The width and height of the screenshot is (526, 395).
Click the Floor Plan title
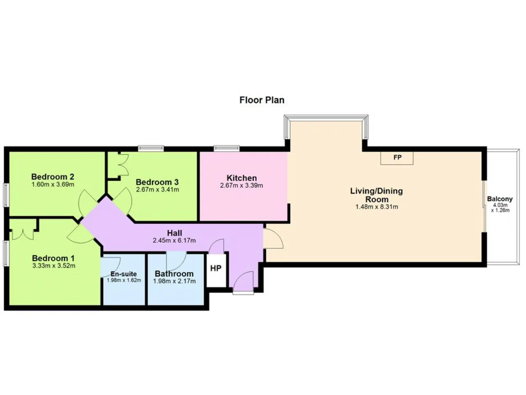pos(262,100)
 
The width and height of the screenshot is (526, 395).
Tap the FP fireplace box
pos(397,158)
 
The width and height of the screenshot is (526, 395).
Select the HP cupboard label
pos(216,268)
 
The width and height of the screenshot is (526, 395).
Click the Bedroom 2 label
pos(53,177)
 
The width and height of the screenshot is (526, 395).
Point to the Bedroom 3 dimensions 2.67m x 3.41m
pos(157,189)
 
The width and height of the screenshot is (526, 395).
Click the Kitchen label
pos(242,178)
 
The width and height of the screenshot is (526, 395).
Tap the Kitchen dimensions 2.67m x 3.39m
pos(242,186)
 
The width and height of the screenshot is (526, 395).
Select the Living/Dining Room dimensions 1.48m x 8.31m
pos(377,207)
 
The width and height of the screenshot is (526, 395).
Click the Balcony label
pos(500,199)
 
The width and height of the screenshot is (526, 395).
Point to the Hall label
pos(175,233)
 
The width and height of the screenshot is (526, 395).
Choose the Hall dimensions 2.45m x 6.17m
pos(174,240)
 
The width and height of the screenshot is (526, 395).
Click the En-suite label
pos(124,274)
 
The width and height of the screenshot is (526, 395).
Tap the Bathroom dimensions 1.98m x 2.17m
pos(175,281)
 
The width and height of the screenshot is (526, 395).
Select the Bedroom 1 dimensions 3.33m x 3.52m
pos(54,266)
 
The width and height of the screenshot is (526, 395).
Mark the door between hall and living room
pos(273,238)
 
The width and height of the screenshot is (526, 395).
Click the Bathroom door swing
pos(176,261)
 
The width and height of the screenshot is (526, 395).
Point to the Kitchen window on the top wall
pos(226,149)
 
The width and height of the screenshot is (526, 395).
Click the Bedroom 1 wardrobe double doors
pos(23,234)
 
